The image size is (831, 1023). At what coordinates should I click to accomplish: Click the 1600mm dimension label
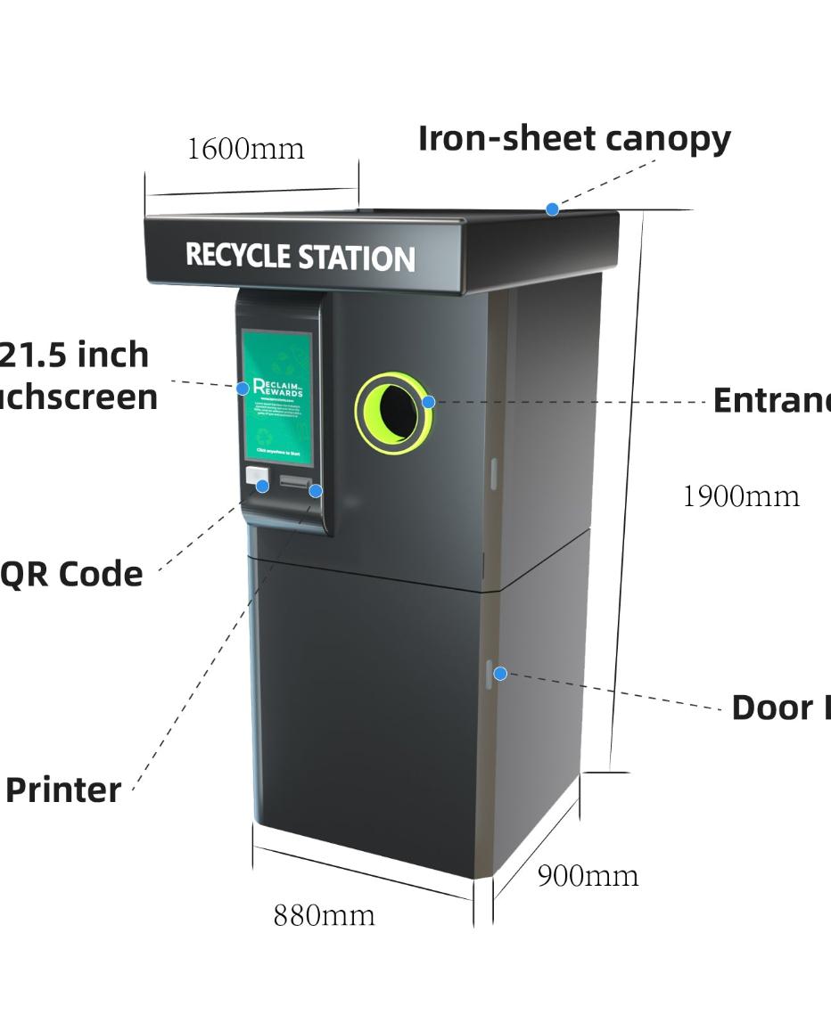[245, 148]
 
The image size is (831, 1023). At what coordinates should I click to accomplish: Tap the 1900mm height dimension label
[740, 496]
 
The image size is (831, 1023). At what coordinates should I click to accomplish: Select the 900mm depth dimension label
[588, 876]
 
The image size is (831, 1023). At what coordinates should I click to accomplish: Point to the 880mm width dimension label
[324, 915]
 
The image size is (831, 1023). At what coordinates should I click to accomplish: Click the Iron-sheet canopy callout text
[574, 138]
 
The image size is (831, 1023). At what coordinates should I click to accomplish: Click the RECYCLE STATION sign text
[300, 257]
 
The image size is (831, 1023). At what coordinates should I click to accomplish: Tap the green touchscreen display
[278, 397]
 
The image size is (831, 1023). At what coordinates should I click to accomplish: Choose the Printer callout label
[63, 790]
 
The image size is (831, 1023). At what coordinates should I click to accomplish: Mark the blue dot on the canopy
[553, 209]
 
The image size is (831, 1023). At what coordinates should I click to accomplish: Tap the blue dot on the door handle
[500, 674]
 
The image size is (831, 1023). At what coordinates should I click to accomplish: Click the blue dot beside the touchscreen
[243, 389]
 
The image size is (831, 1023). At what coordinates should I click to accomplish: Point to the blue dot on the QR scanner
[262, 486]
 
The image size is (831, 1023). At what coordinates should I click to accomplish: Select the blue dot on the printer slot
[316, 491]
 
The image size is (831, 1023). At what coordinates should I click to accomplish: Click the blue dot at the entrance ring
[428, 402]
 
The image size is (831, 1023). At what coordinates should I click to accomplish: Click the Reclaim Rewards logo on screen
[278, 388]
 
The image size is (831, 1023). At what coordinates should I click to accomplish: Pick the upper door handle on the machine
[493, 473]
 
